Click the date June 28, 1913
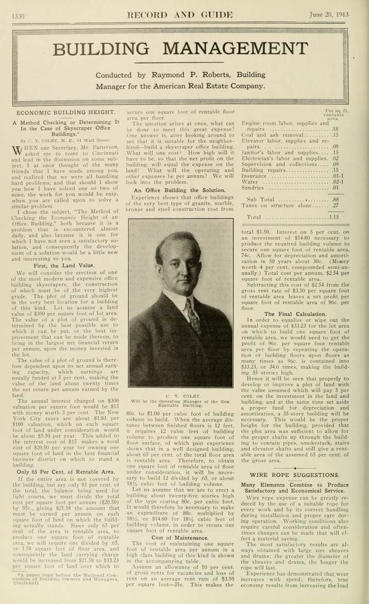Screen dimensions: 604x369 pos(337,15)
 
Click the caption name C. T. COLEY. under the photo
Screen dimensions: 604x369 pos(181,394)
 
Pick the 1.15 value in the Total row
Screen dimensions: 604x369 pos(333,217)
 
